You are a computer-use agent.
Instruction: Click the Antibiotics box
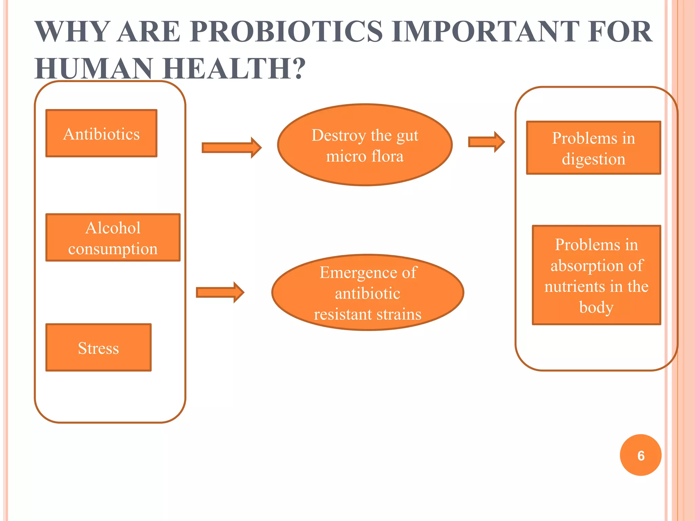[x=101, y=133]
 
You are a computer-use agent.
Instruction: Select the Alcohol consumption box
[x=113, y=237]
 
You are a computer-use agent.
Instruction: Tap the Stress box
[x=98, y=348]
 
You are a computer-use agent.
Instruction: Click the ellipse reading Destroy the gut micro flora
[x=365, y=145]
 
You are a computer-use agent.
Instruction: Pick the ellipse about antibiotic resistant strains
[x=368, y=293]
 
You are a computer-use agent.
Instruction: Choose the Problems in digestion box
[x=593, y=148]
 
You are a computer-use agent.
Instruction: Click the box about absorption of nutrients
[x=596, y=275]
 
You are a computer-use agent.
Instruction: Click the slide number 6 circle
[x=640, y=455]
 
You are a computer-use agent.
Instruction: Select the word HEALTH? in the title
[x=234, y=69]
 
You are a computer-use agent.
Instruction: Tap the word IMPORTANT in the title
[x=485, y=32]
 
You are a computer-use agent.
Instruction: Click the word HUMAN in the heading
[x=94, y=69]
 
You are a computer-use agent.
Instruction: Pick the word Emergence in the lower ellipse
[x=354, y=272]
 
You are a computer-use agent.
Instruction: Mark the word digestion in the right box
[x=593, y=159]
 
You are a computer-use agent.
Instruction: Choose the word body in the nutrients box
[x=596, y=307]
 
